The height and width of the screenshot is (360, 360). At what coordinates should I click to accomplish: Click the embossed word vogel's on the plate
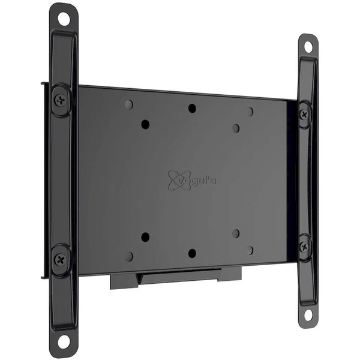pyautogui.click(x=196, y=181)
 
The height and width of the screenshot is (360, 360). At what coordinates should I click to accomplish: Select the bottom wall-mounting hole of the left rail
pyautogui.click(x=64, y=341)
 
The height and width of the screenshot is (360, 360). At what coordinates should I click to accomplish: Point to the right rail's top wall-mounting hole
pyautogui.click(x=308, y=47)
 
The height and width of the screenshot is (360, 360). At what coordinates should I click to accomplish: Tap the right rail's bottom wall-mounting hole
pyautogui.click(x=308, y=314)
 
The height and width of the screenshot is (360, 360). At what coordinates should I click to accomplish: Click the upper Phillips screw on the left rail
pyautogui.click(x=61, y=100)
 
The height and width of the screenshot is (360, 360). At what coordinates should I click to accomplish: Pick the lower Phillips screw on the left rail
pyautogui.click(x=61, y=260)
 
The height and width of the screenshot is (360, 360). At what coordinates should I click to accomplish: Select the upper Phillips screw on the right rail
pyautogui.click(x=304, y=114)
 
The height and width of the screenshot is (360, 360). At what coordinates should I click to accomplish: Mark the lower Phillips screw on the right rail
pyautogui.click(x=304, y=247)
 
